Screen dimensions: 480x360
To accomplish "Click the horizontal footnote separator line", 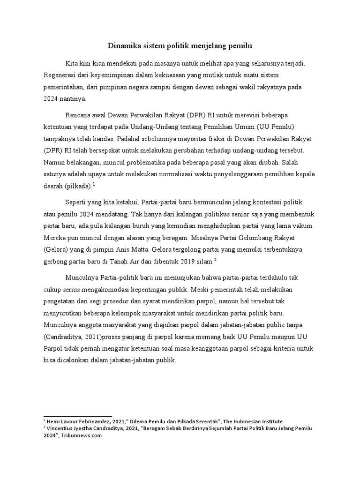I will [77, 416].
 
